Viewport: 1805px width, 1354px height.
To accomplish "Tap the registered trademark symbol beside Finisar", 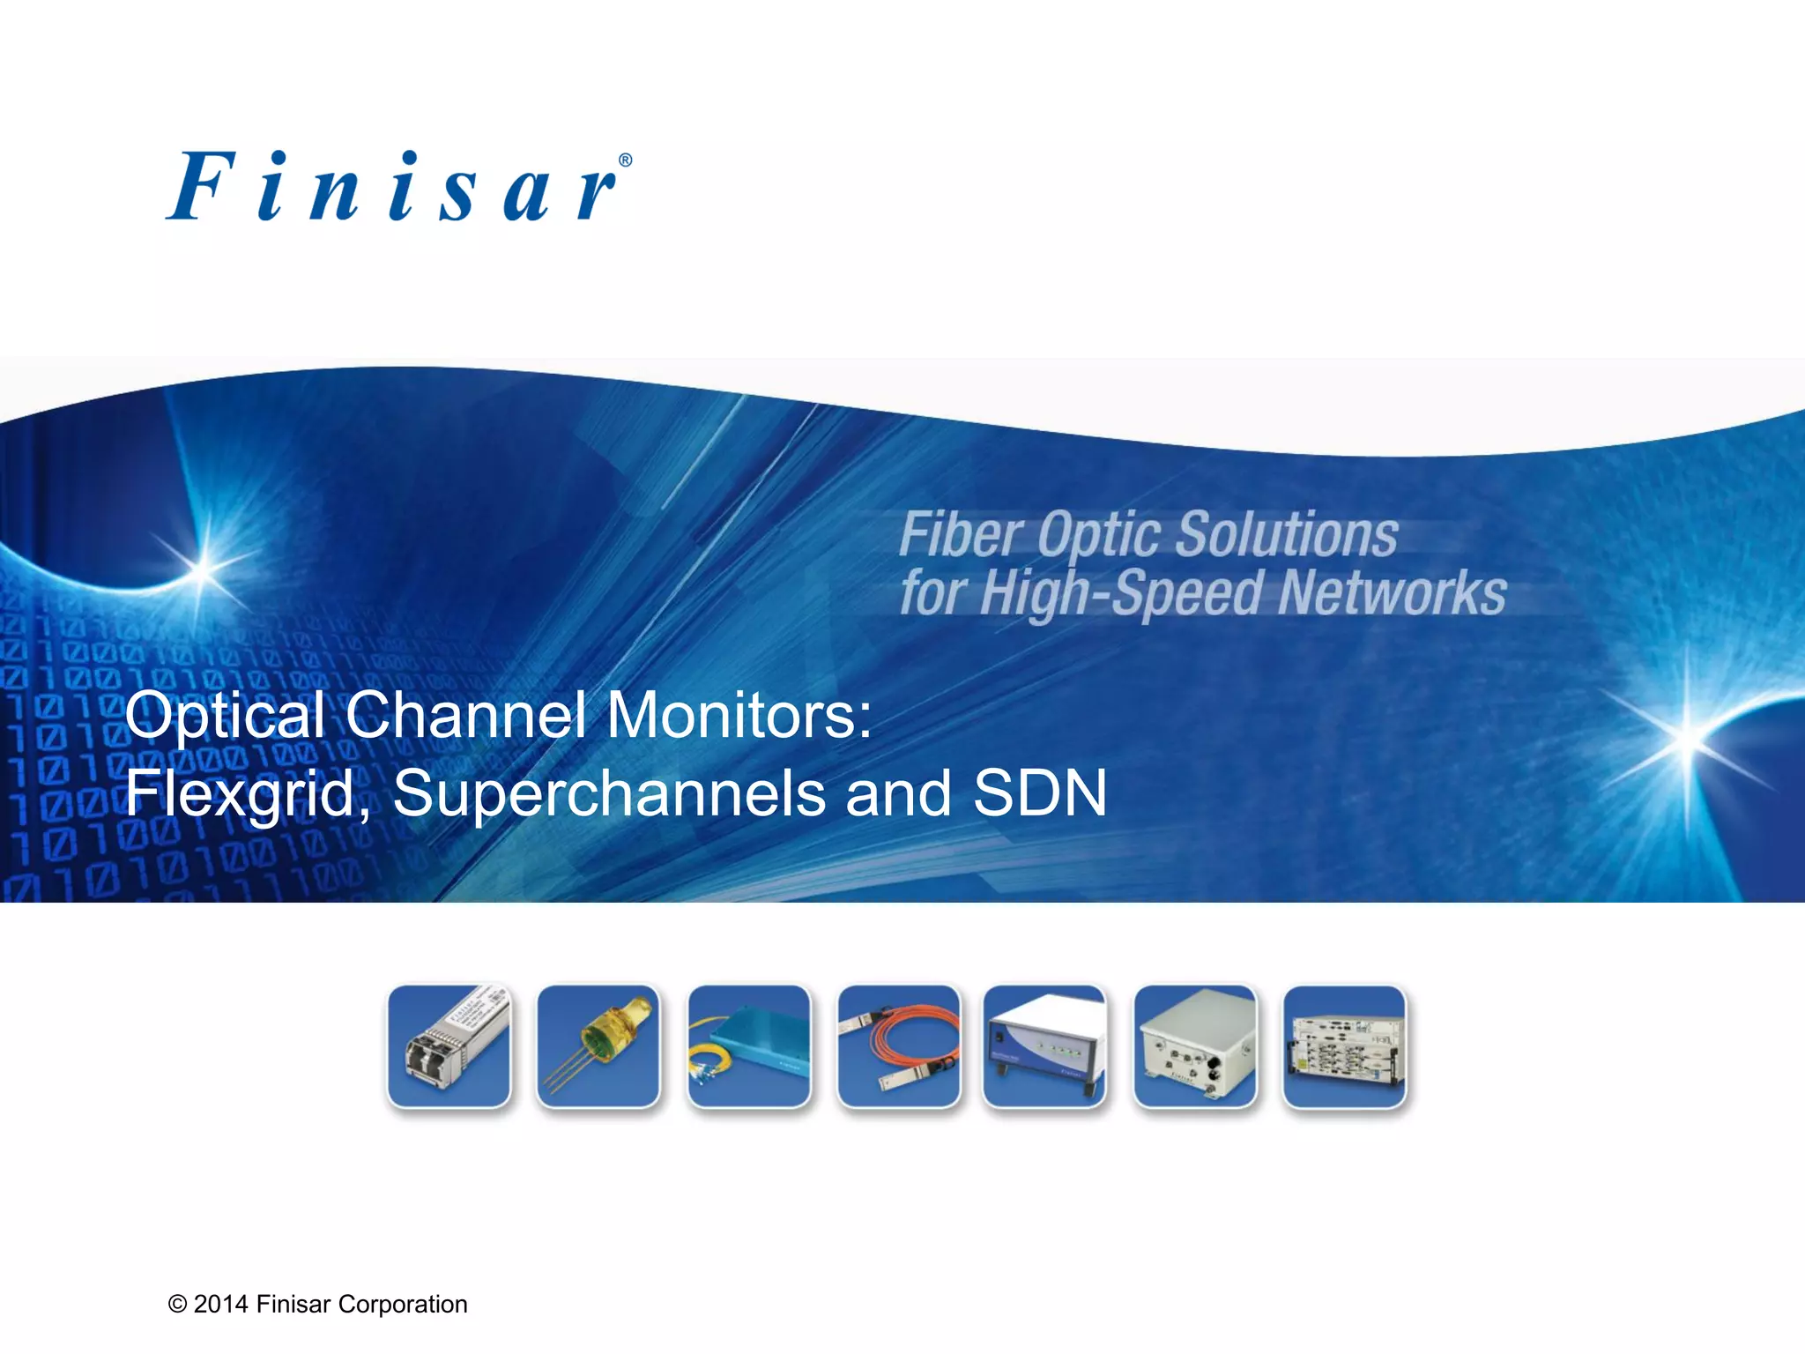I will [x=625, y=160].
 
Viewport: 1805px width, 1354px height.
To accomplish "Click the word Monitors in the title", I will [x=739, y=714].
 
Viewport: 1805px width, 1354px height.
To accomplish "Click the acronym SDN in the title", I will [x=1040, y=793].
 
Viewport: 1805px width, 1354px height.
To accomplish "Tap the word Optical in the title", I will [x=225, y=714].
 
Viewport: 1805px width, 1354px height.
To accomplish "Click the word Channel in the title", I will [x=465, y=714].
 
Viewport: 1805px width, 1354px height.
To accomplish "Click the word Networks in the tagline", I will [x=1393, y=592].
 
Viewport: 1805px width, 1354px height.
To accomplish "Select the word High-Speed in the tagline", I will [x=1121, y=592].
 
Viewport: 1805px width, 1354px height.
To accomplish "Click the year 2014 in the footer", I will [x=220, y=1305].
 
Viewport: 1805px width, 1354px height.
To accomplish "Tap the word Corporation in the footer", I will [x=402, y=1305].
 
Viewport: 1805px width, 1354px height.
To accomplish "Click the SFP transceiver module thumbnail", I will [x=449, y=1046].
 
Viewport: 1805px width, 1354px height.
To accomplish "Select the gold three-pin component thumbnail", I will [x=598, y=1046].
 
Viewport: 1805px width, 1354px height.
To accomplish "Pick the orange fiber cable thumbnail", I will [x=898, y=1046].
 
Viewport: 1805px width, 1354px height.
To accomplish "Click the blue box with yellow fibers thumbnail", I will [x=749, y=1046].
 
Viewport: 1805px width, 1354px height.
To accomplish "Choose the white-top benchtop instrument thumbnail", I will [x=1044, y=1046].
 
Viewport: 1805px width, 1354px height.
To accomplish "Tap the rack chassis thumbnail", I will [x=1344, y=1046].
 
